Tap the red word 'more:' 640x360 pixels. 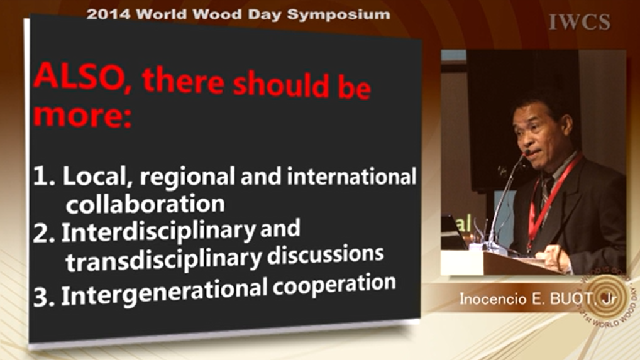click(82, 116)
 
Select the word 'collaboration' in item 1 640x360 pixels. click(145, 203)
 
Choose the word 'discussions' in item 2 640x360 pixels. click(325, 254)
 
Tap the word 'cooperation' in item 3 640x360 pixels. click(334, 283)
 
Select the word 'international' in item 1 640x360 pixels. click(351, 176)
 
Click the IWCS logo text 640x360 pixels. click(580, 22)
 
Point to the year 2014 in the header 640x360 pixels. click(108, 14)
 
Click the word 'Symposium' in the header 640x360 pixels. click(338, 14)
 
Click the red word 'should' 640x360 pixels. click(281, 84)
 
